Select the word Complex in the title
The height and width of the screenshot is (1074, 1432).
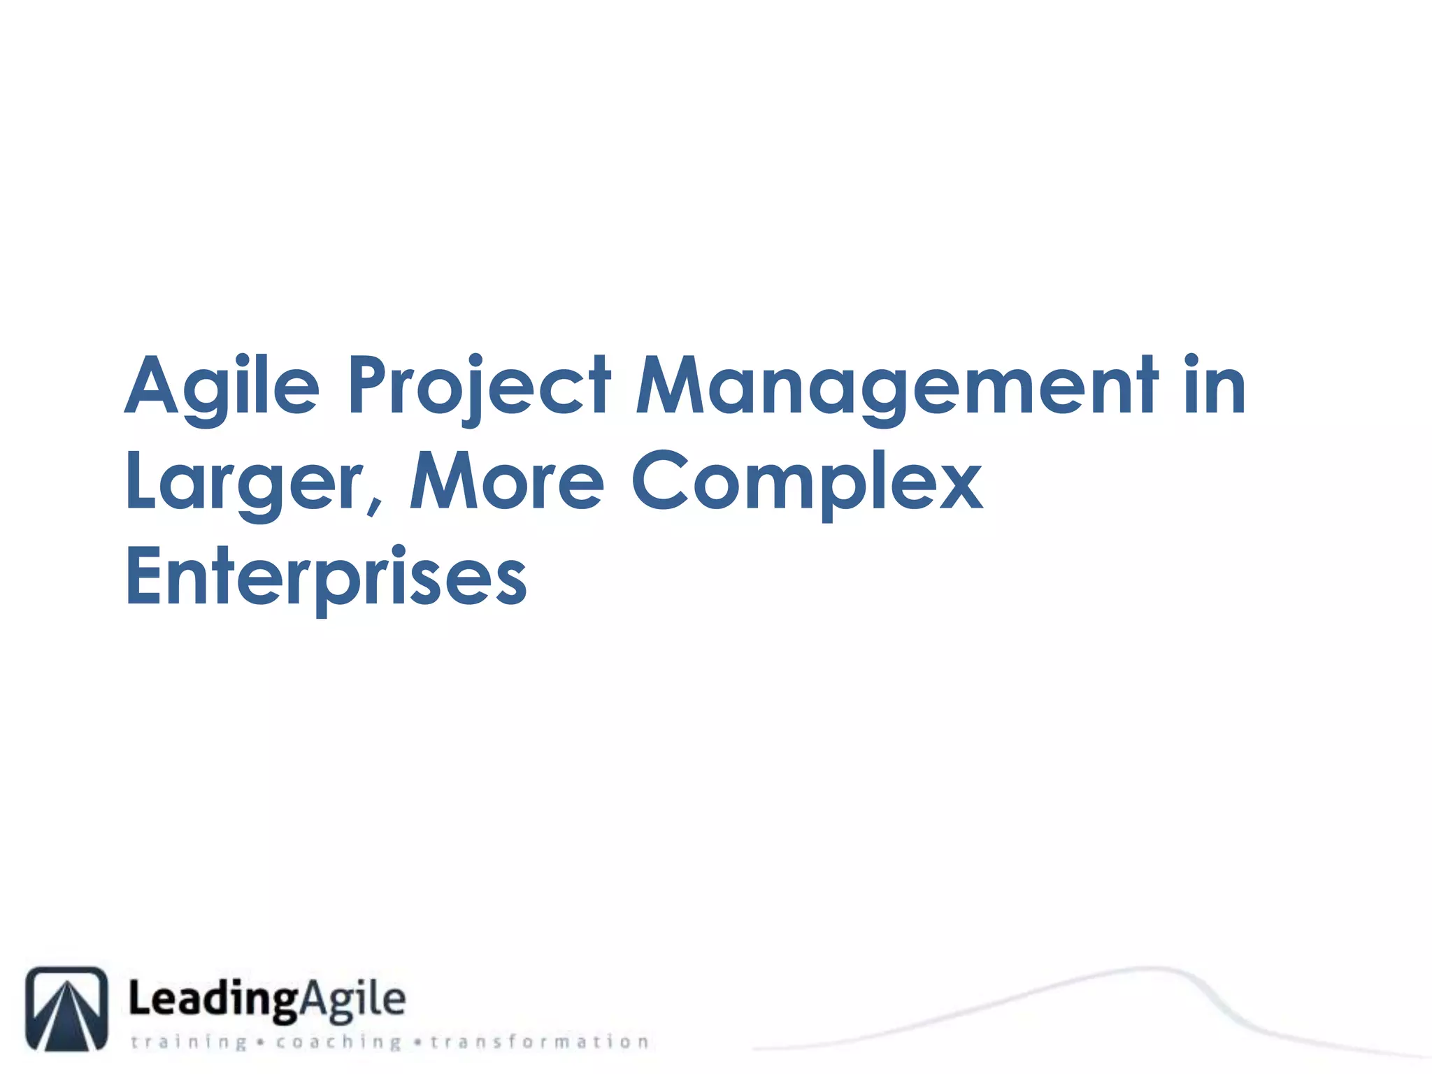point(808,482)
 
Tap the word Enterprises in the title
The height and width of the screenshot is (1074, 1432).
point(326,577)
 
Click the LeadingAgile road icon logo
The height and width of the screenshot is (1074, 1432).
point(67,1008)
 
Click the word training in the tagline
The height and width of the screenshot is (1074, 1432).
point(189,1043)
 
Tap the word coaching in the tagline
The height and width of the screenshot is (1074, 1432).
point(338,1043)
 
